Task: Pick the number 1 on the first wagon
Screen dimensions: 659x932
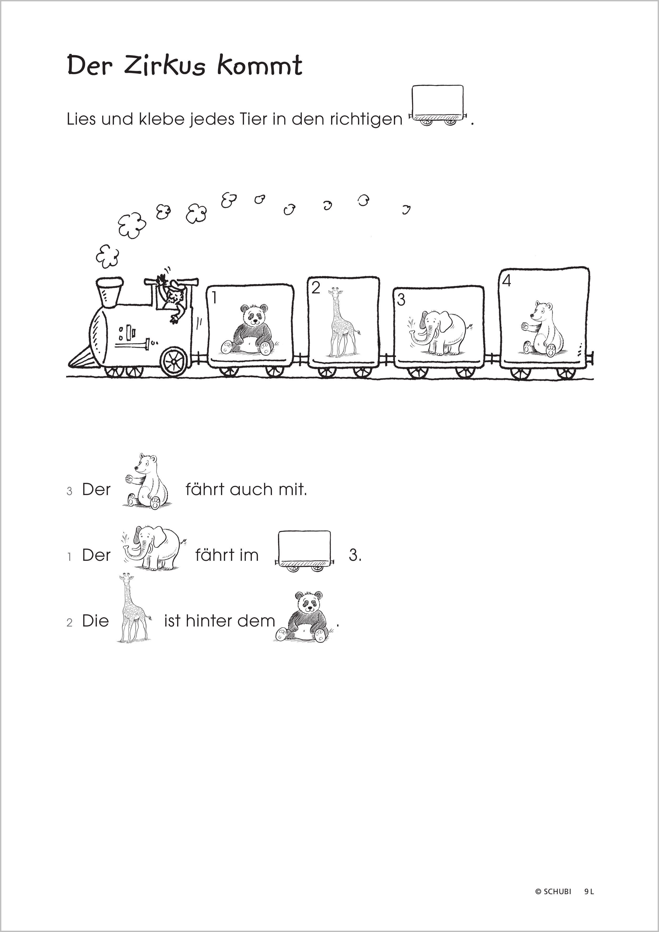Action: coord(214,298)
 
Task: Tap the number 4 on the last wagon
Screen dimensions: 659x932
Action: coord(506,281)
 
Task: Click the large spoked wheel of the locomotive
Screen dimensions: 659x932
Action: coord(174,361)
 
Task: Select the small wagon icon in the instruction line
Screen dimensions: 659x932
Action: coord(438,105)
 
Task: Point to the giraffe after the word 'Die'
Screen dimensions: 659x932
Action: coord(134,608)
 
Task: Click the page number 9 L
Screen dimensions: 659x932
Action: coord(589,892)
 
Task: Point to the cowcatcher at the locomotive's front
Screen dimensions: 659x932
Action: coord(84,358)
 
